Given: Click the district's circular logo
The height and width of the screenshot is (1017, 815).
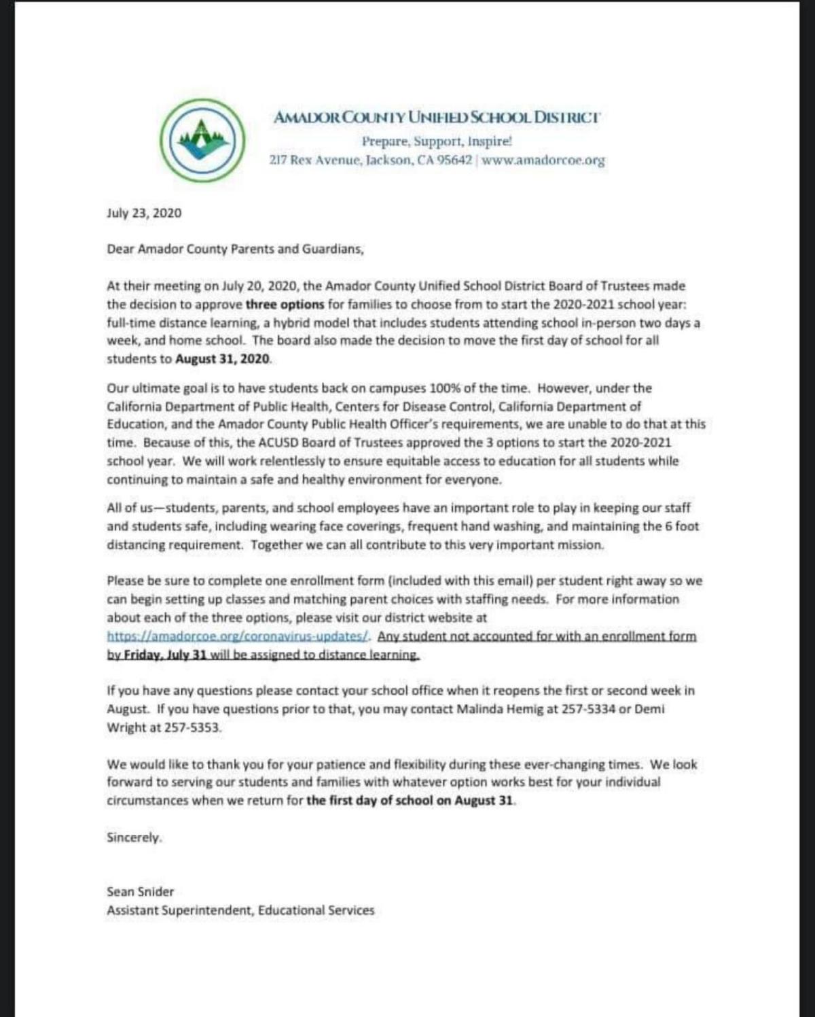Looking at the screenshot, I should click(202, 139).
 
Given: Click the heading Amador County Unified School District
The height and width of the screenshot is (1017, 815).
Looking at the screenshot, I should click(437, 117).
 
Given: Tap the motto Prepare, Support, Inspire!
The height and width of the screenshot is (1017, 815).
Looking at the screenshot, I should click(437, 141).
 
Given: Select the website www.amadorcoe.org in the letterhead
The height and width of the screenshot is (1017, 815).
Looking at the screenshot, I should click(543, 161).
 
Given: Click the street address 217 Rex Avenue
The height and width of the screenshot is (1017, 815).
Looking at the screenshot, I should click(314, 161).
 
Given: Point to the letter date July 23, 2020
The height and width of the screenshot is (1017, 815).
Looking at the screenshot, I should click(144, 213).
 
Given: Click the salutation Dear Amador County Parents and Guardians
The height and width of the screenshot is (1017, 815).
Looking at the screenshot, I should click(235, 249).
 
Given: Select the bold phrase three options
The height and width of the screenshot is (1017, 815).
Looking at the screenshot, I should click(285, 304).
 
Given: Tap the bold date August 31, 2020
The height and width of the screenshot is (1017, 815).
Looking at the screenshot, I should click(223, 359).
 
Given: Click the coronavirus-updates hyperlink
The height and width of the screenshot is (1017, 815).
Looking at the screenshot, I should click(238, 636).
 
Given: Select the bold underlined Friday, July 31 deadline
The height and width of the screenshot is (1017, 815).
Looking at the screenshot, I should click(165, 655).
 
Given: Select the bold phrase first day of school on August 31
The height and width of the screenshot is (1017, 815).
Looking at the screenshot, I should click(410, 800).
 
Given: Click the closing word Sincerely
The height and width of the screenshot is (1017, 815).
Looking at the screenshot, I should click(134, 838).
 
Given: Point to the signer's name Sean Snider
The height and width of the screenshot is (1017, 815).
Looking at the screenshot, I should click(140, 891).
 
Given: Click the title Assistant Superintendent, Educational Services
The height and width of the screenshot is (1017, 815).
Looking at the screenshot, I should click(240, 910).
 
